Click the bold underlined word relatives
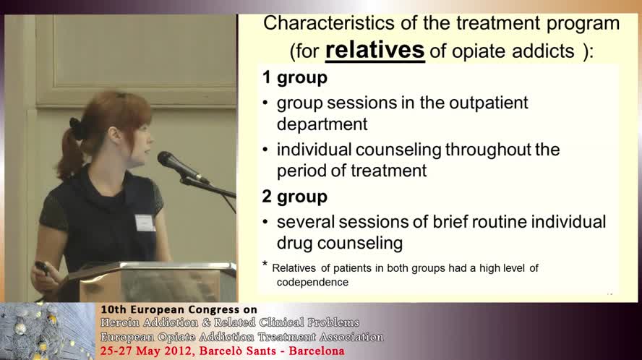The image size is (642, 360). point(374,50)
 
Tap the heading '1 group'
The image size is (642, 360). point(295,77)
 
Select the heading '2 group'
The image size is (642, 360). point(295,197)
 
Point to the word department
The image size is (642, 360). point(322,124)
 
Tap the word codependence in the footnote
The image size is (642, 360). point(312,282)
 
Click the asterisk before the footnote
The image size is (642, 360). point(265,265)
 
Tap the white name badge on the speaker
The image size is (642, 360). point(145,223)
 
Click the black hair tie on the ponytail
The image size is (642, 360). point(76,128)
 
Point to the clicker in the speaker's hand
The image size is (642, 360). point(43,267)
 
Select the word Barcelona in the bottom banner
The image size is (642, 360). point(313,351)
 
